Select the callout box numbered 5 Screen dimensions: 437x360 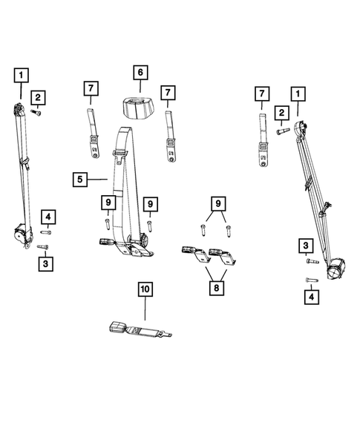[x=81, y=179]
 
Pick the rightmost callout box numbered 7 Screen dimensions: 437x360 [x=261, y=93]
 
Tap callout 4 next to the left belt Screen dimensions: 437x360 [x=48, y=217]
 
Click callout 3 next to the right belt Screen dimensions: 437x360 [x=304, y=246]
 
